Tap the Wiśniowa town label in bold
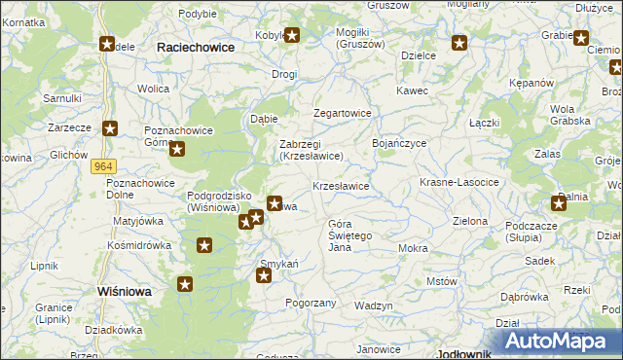point(128,291)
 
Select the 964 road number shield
point(105,166)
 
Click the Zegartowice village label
point(342,113)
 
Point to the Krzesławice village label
point(340,185)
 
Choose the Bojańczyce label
point(399,143)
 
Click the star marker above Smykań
point(263,276)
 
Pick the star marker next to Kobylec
point(290,37)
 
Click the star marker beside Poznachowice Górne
point(178,148)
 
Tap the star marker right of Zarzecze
point(111,127)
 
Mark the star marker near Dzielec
point(459,43)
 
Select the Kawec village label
point(412,90)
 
